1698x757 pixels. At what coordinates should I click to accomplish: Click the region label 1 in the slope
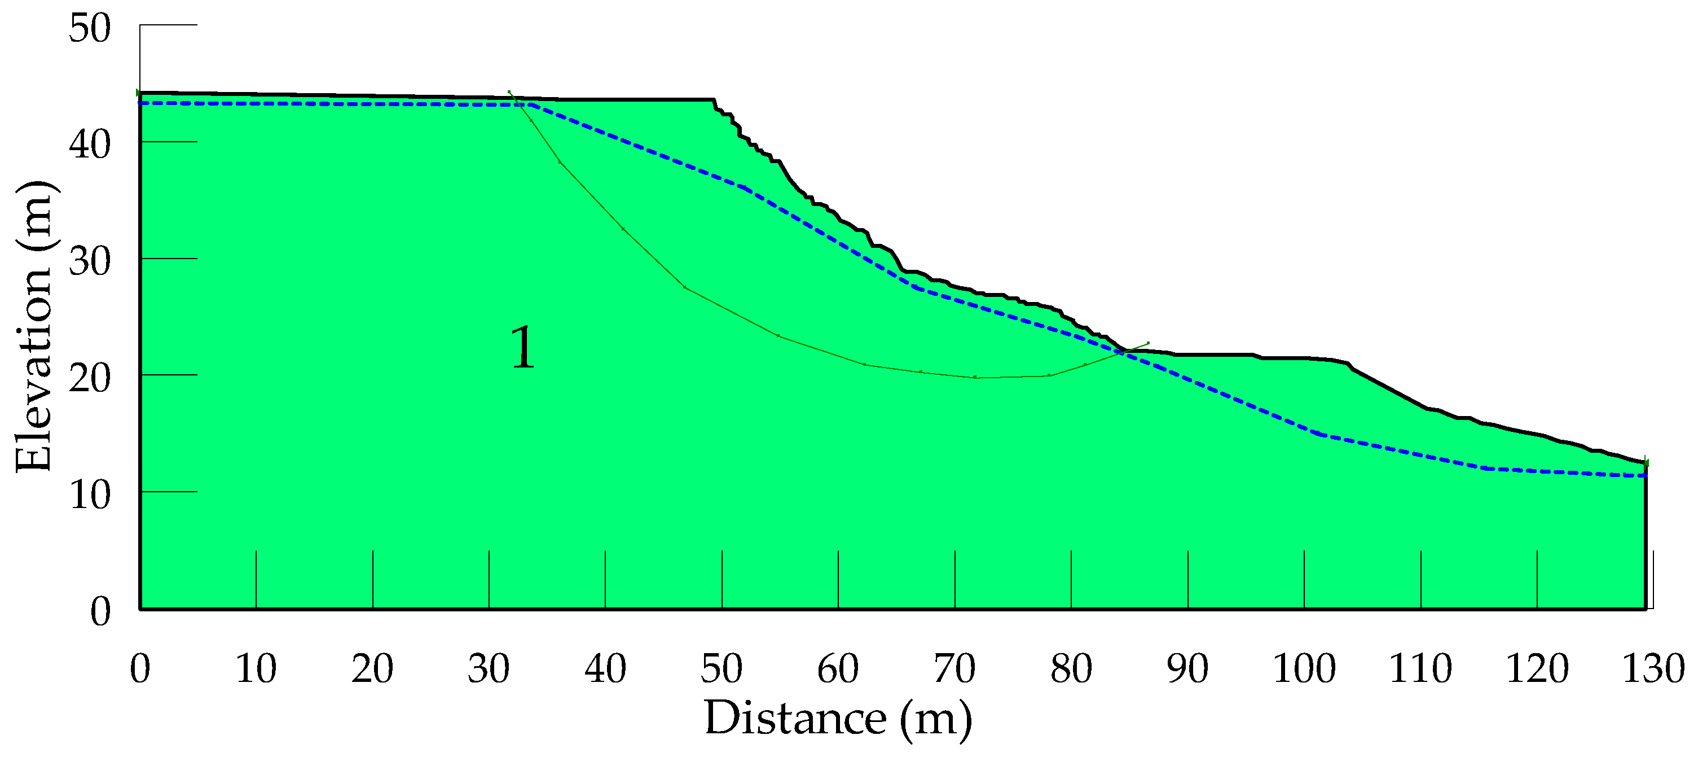523,348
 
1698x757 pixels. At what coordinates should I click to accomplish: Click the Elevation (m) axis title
34,326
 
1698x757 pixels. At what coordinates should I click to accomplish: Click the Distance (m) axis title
838,718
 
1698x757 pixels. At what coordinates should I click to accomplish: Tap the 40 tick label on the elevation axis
90,145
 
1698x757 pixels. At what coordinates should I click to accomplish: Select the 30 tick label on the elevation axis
90,261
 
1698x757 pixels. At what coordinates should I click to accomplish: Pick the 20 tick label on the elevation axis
90,378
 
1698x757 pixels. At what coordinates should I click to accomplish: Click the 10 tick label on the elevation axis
90,495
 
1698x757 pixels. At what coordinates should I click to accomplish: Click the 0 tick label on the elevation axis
100,611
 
